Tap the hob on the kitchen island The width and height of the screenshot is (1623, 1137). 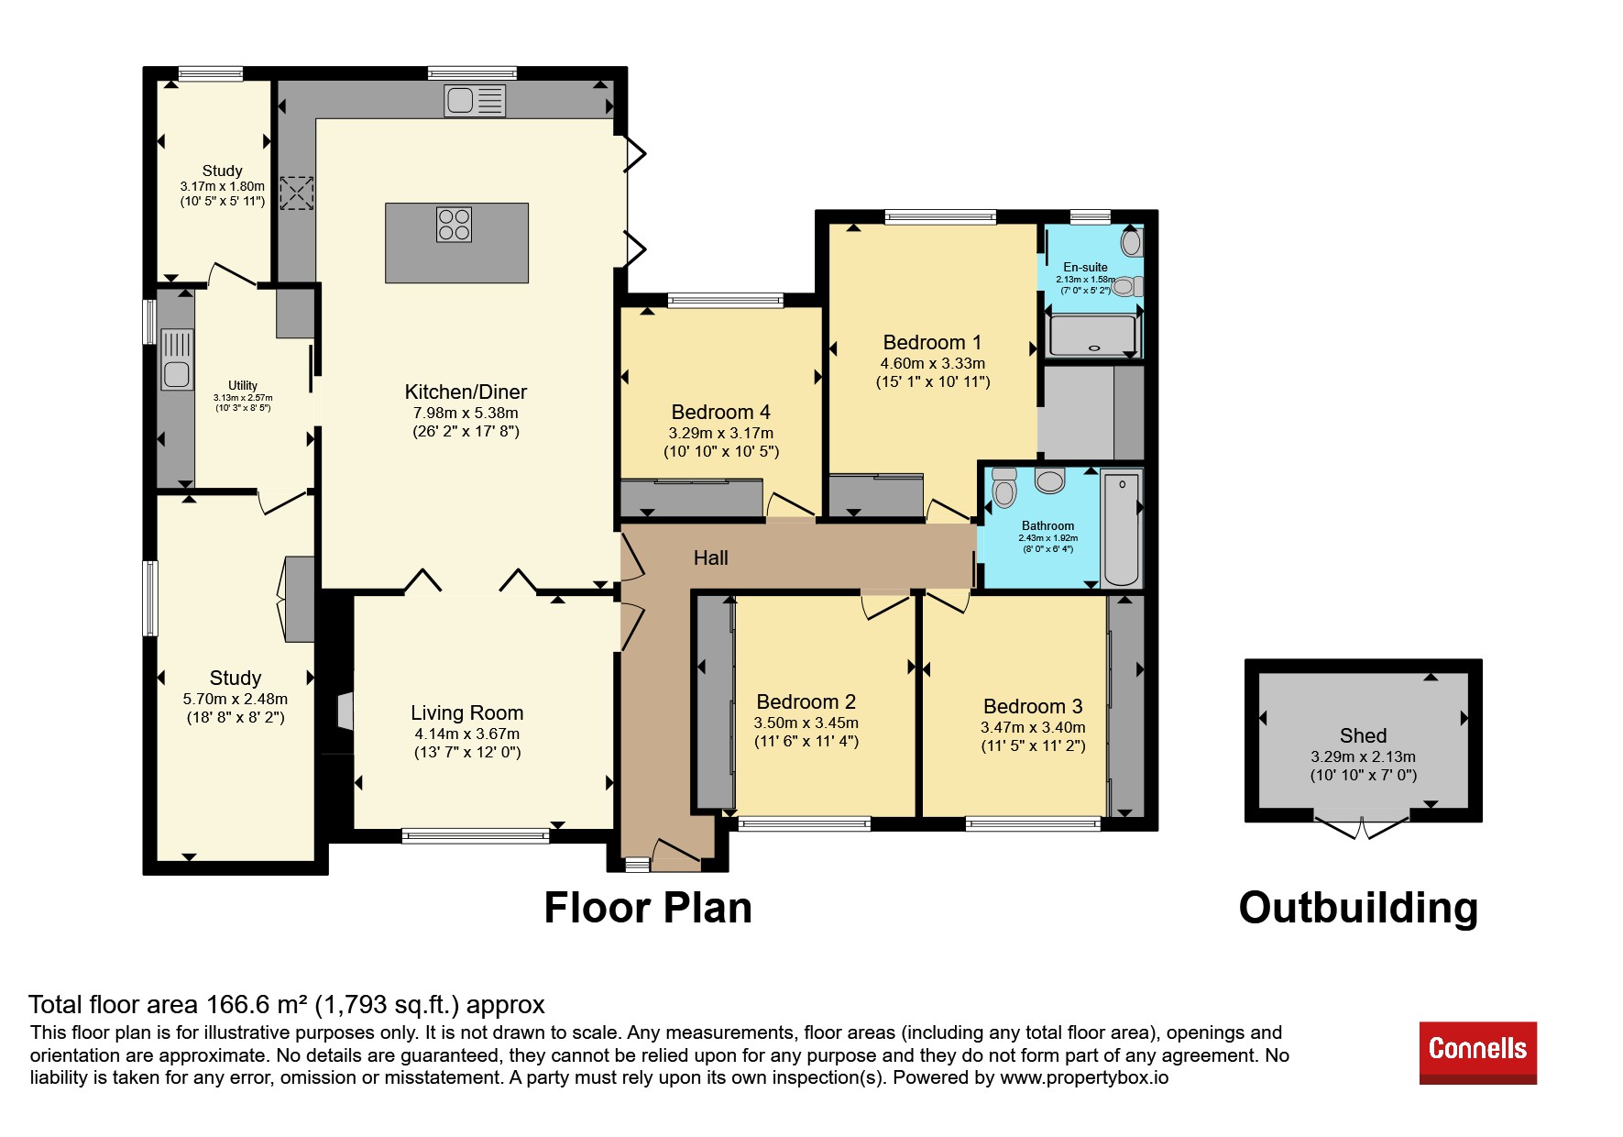pos(454,225)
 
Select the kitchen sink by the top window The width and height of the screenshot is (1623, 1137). pos(475,101)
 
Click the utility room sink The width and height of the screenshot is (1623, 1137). pos(177,359)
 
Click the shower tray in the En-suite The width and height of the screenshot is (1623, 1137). pos(1092,336)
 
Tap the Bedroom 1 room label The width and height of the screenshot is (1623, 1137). pos(932,343)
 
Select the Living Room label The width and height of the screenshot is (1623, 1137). pos(466,713)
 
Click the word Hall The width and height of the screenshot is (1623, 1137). pos(711,558)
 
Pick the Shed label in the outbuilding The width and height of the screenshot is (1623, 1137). pos(1363,735)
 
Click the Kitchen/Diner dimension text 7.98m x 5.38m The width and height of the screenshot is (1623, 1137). pos(466,413)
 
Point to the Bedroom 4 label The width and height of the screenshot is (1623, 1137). pos(721,413)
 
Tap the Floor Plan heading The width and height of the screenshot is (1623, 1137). pos(648,908)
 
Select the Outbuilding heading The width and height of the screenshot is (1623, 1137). pos(1358,908)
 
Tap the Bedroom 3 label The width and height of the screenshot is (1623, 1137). pos(1033,707)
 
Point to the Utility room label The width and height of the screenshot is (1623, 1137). pos(243,385)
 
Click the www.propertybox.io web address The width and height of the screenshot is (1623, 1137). pos(1084,1077)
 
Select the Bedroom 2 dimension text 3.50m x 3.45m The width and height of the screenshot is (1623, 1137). pos(806,723)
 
